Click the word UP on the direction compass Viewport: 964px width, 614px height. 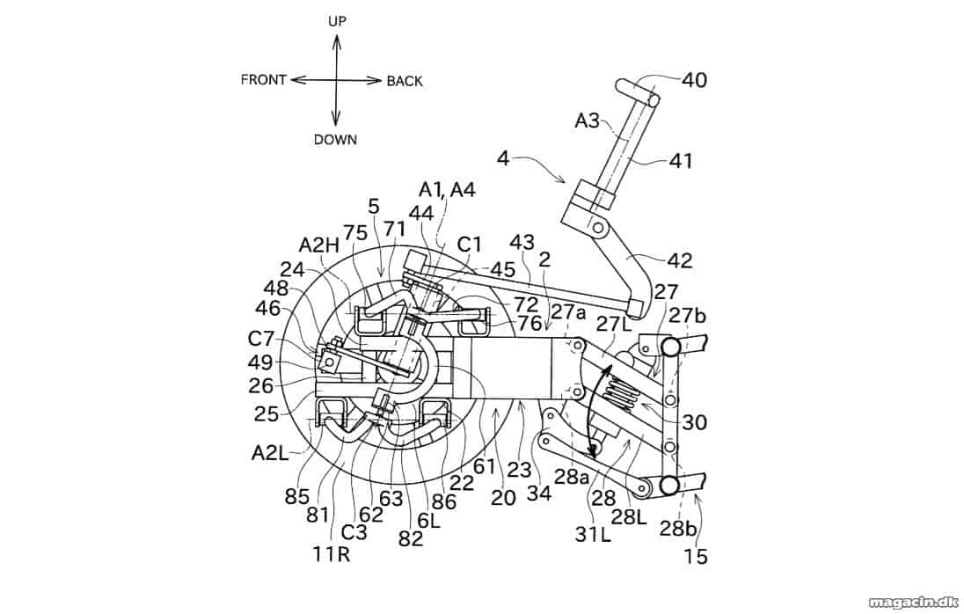tap(337, 21)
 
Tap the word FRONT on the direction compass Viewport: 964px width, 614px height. tap(264, 80)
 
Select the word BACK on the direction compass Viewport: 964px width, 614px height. tap(405, 81)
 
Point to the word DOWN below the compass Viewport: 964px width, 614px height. tap(336, 140)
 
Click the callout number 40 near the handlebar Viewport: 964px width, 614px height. tap(694, 80)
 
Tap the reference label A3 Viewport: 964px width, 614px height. tap(588, 121)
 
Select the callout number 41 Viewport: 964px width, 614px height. tap(680, 161)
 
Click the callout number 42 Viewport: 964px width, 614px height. tap(679, 260)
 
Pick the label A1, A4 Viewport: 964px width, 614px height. tap(448, 190)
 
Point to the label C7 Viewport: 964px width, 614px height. tap(261, 339)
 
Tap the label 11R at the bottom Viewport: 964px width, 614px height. tap(332, 554)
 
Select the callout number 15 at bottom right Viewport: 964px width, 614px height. tap(696, 557)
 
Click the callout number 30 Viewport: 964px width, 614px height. tap(695, 422)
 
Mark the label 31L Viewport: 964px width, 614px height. tap(594, 536)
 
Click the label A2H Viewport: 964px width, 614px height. tap(319, 245)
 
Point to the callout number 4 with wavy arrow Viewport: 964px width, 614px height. tap(503, 159)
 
